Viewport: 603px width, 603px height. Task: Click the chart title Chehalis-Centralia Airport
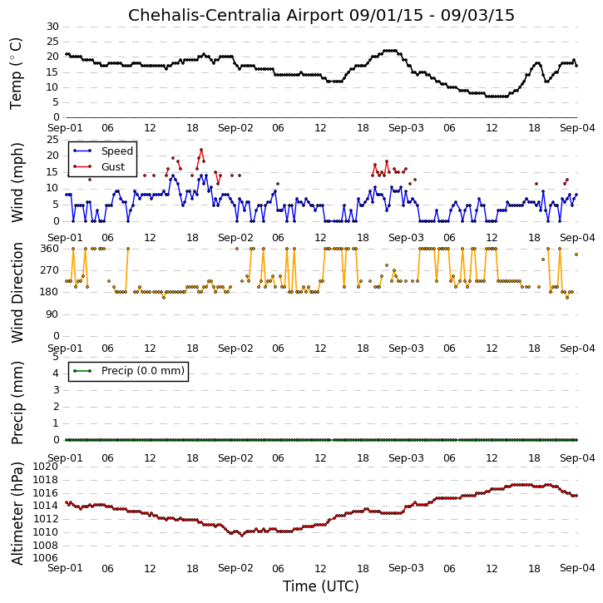[x=235, y=15]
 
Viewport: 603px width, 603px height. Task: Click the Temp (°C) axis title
[x=16, y=73]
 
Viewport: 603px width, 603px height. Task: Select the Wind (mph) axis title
[x=17, y=182]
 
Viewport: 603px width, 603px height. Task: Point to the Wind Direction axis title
[x=17, y=293]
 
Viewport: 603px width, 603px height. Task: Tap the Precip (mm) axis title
[x=17, y=403]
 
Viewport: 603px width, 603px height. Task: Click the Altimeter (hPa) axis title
[x=17, y=513]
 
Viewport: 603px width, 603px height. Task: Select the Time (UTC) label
[x=321, y=586]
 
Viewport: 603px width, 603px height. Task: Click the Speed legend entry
[x=117, y=151]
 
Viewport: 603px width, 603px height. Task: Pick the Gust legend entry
[x=113, y=167]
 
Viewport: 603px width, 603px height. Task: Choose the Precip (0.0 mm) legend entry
[x=143, y=371]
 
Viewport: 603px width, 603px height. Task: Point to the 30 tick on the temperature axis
[x=52, y=27]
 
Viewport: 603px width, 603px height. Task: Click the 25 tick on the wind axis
[x=52, y=139]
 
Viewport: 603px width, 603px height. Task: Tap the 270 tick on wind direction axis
[x=50, y=270]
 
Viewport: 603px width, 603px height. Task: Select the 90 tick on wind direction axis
[x=52, y=314]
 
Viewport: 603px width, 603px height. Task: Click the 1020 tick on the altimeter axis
[x=46, y=467]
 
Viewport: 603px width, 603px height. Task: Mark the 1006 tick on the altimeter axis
[x=46, y=558]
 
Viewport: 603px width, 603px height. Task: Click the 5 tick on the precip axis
[x=56, y=357]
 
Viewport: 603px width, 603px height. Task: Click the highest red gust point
[x=201, y=150]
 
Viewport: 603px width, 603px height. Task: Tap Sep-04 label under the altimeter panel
[x=577, y=568]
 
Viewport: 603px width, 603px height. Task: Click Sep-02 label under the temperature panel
[x=235, y=128]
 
